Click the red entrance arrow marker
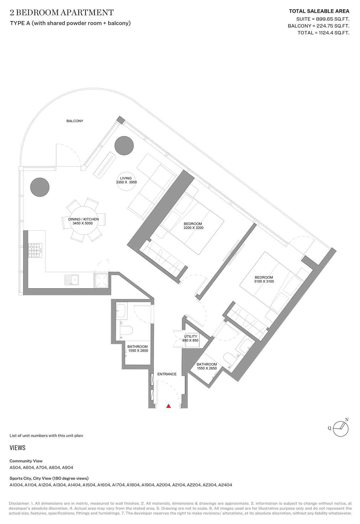pyautogui.click(x=168, y=406)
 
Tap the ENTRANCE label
pyautogui.click(x=167, y=374)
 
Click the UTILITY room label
pyautogui.click(x=191, y=336)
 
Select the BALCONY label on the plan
pyautogui.click(x=75, y=121)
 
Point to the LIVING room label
pyautogui.click(x=126, y=178)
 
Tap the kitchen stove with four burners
pyautogui.click(x=35, y=250)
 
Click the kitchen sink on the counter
pyautogui.click(x=72, y=280)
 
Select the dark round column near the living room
pyautogui.click(x=124, y=146)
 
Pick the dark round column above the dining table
pyautogui.click(x=40, y=187)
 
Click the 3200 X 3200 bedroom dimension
pyautogui.click(x=193, y=228)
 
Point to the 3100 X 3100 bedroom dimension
pyautogui.click(x=264, y=281)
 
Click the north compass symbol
pyautogui.click(x=341, y=428)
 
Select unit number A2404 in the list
pyautogui.click(x=225, y=485)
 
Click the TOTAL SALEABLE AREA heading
pyautogui.click(x=319, y=11)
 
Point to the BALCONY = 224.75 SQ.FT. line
pyautogui.click(x=318, y=26)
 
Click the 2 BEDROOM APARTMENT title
pyautogui.click(x=62, y=13)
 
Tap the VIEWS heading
pyautogui.click(x=17, y=448)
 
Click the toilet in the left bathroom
pyautogui.click(x=126, y=331)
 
